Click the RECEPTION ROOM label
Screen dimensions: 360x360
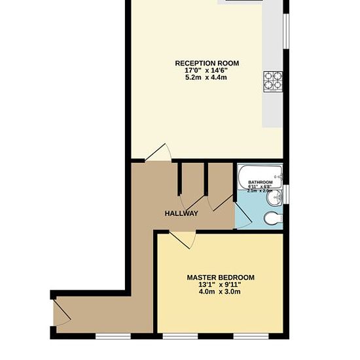point(207,63)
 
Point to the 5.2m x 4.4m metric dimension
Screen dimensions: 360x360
point(207,78)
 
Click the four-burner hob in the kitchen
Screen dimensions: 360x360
point(273,80)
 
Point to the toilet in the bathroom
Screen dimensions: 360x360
point(272,218)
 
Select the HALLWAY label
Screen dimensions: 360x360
point(181,213)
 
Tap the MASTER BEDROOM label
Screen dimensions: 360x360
point(221,278)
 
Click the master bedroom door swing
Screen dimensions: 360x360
point(183,240)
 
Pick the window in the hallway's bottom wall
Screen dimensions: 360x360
point(107,336)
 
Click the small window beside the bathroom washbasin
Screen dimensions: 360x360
point(285,195)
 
